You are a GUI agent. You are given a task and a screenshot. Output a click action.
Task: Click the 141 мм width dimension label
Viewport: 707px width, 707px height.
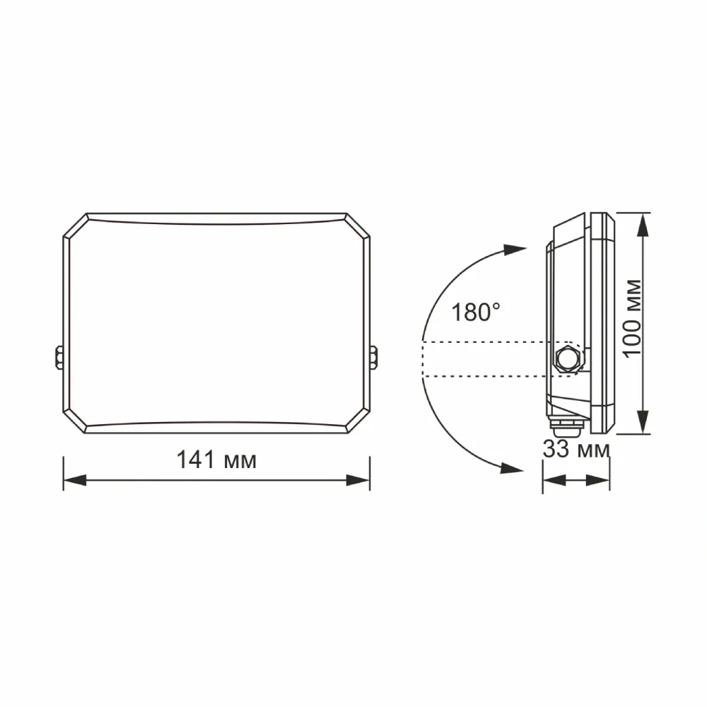coord(216,460)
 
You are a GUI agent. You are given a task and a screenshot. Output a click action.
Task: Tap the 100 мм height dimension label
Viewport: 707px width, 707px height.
coord(634,317)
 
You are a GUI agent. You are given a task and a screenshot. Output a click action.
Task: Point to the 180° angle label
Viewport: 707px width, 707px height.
coord(476,312)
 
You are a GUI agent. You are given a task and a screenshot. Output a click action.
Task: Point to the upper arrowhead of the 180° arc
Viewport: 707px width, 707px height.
coord(514,250)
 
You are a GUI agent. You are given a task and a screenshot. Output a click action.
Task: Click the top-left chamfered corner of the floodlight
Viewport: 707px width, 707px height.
coord(75,226)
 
